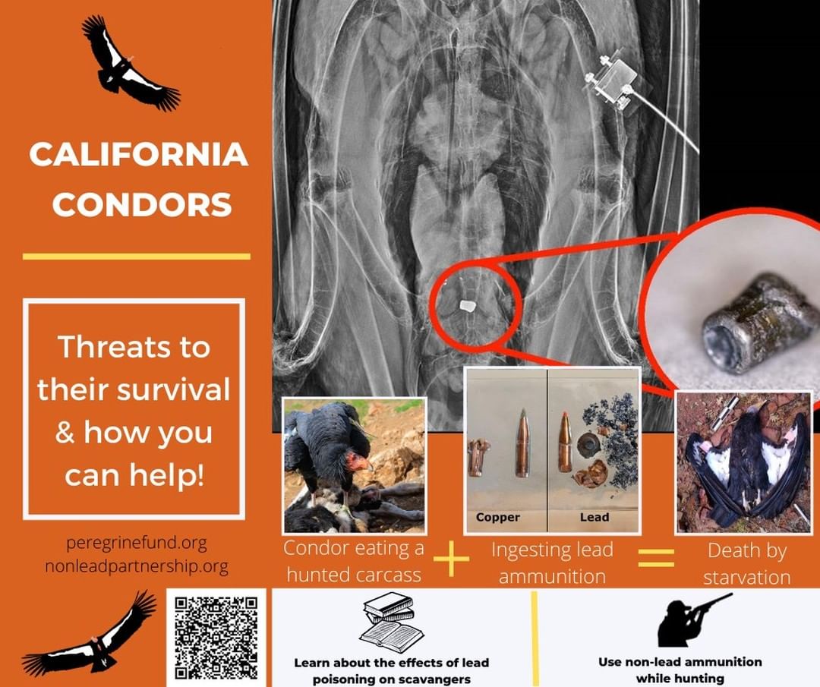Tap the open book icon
(391, 622)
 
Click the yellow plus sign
(451, 559)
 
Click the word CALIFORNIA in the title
(139, 154)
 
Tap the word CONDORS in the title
(142, 204)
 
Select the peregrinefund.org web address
(137, 544)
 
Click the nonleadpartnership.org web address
(137, 566)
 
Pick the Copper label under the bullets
(498, 517)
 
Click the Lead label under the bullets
(594, 517)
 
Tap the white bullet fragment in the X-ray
(466, 306)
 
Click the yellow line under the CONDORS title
(137, 256)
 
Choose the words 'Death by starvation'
(747, 563)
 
